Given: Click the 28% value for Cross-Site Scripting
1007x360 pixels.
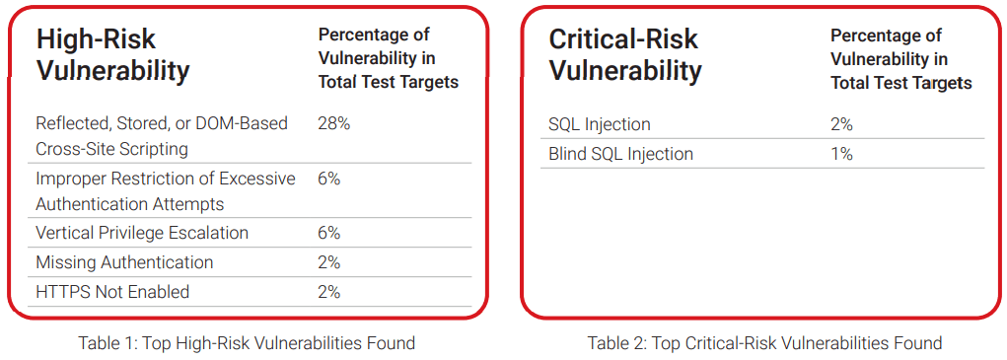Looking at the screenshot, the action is [x=334, y=124].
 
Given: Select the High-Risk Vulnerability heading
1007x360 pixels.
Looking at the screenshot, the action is [x=112, y=55].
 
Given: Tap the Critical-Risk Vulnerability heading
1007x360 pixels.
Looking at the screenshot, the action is [x=625, y=55].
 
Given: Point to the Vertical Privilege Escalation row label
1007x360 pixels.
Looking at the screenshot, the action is [x=142, y=233].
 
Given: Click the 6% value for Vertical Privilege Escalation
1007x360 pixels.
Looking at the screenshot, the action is [x=328, y=233].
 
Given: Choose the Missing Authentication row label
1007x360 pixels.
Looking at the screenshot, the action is [x=124, y=262].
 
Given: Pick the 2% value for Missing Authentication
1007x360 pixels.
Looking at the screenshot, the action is [x=328, y=262].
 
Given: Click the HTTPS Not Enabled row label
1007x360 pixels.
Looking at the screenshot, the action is [x=112, y=292].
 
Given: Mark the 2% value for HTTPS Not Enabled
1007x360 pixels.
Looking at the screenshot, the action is [x=328, y=292].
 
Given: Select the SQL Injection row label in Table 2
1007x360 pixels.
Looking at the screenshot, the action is [x=600, y=124].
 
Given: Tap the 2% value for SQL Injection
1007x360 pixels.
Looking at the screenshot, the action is [x=842, y=124].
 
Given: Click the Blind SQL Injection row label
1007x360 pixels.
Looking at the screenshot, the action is [x=621, y=154].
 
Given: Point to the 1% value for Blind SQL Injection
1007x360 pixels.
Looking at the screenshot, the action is [x=841, y=154].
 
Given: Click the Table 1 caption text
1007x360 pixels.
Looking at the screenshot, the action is [x=247, y=343].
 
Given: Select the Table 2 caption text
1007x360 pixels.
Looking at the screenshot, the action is [x=765, y=343].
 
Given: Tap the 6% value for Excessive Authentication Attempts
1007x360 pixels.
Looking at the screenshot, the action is [x=328, y=180].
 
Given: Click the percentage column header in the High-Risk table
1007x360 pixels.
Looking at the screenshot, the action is [x=389, y=58].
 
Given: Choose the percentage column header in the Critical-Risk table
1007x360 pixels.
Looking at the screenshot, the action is [x=901, y=58].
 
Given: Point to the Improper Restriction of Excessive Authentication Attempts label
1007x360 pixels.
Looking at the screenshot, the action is [x=166, y=191].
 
